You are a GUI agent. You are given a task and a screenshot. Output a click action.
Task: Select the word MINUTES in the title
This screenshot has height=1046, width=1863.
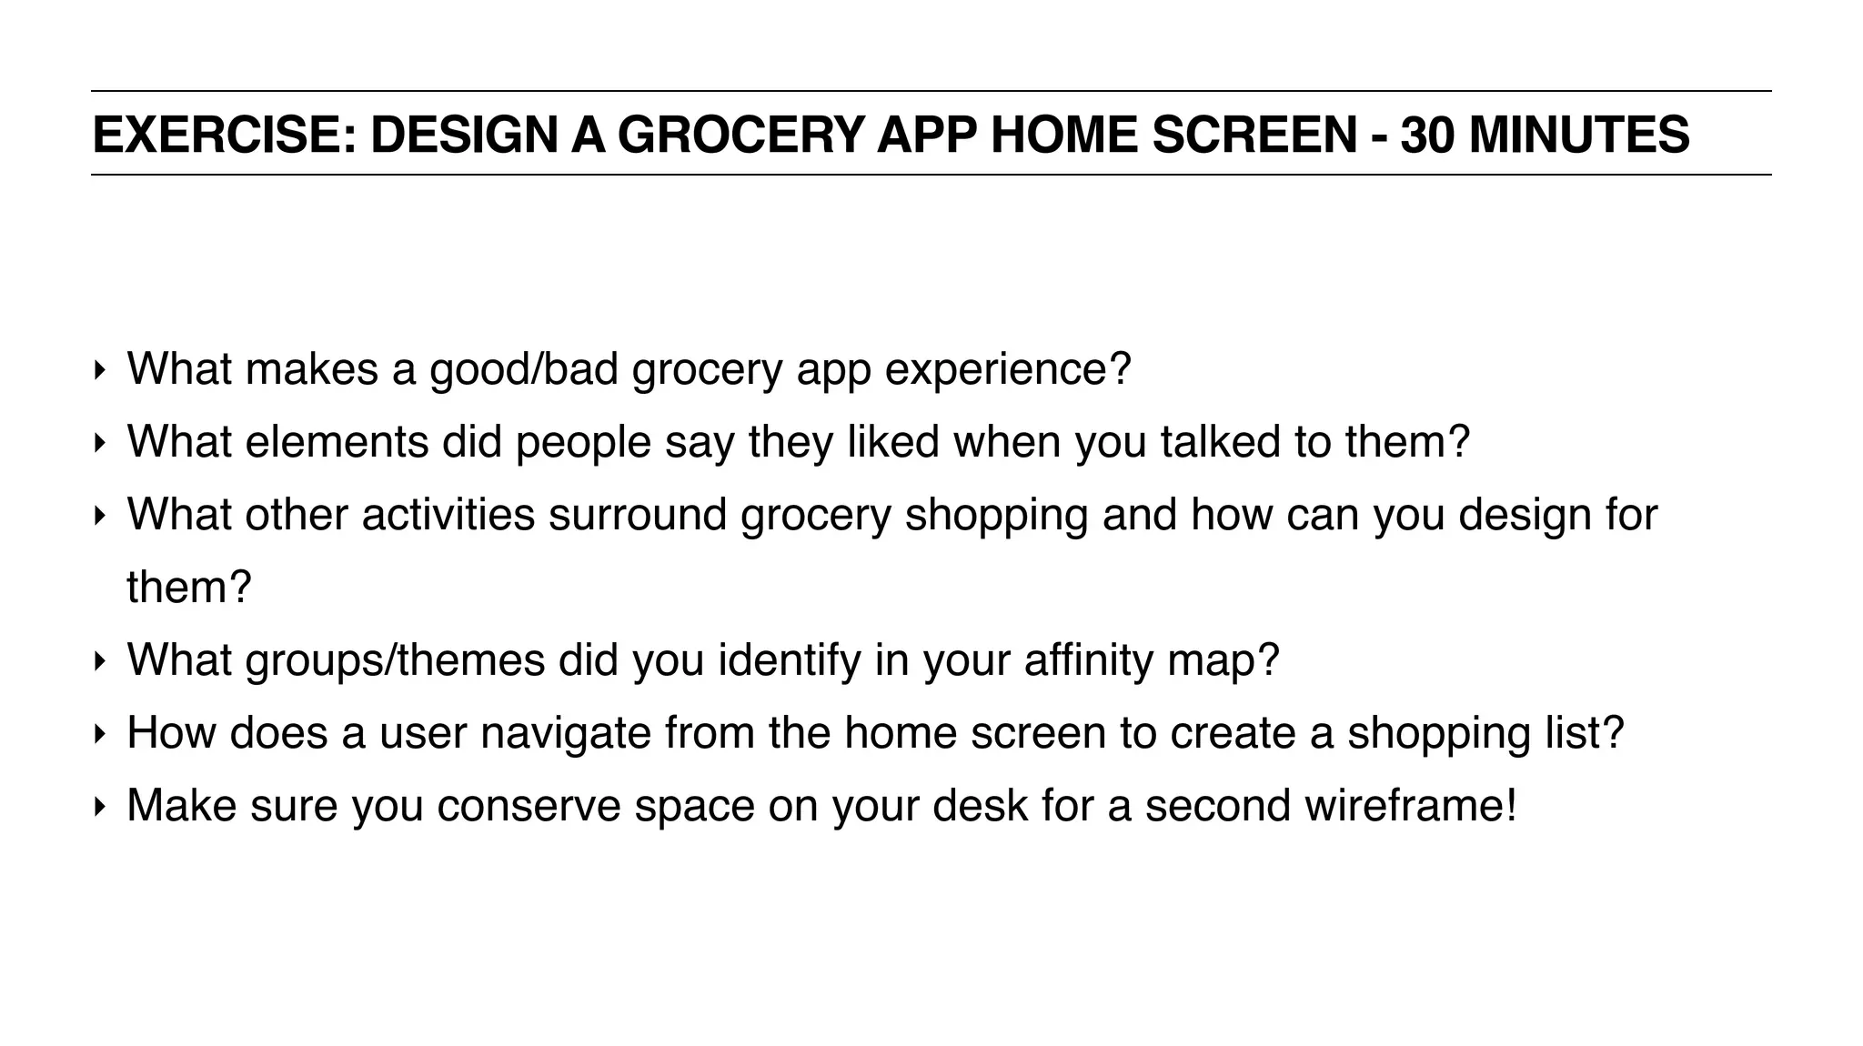1579,135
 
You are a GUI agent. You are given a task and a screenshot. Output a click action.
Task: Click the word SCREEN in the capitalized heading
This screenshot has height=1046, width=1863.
1254,135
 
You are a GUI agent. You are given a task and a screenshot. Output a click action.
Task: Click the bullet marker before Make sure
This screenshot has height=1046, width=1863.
99,807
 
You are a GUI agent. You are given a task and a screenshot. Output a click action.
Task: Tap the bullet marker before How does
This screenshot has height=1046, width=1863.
99,734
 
